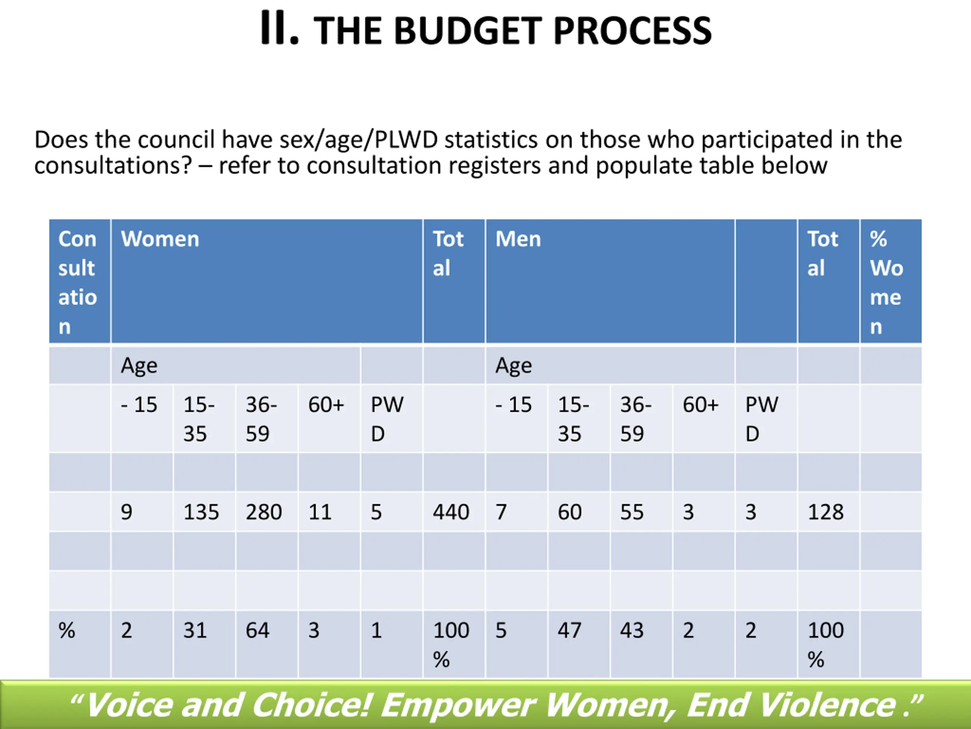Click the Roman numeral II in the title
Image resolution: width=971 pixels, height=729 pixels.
point(280,28)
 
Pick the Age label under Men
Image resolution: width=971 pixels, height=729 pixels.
point(514,366)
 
